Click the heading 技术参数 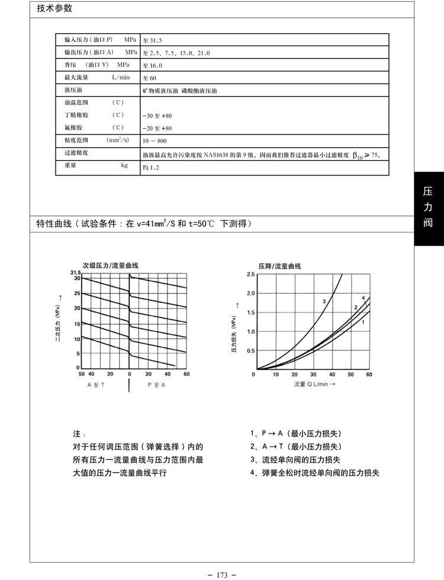pos(54,9)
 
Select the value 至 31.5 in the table pos(153,41)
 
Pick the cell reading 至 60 pos(150,78)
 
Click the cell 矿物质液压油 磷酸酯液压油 pos(180,91)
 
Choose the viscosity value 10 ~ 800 pos(155,141)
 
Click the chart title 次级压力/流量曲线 pos(114,265)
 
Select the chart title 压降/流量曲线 pos(280,265)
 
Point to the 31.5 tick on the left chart pos(75,272)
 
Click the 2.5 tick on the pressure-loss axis pos(250,274)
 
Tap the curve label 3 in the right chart pos(324,302)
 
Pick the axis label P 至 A pos(157,385)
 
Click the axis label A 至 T pos(96,385)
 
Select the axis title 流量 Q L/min pos(314,384)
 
